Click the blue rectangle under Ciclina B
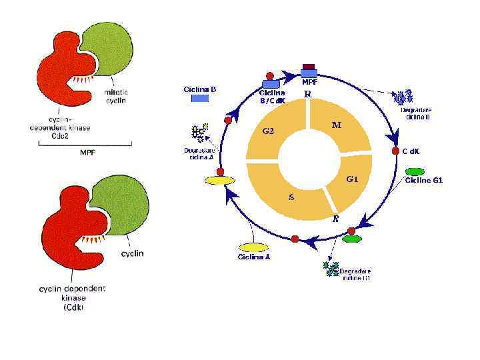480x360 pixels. click(x=201, y=99)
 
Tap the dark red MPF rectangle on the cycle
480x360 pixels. click(x=309, y=67)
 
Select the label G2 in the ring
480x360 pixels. click(x=268, y=131)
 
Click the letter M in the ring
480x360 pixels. click(x=337, y=125)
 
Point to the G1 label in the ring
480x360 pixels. click(x=352, y=179)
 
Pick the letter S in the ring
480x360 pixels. click(x=291, y=197)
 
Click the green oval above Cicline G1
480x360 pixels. click(x=415, y=172)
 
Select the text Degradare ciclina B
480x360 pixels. click(x=415, y=113)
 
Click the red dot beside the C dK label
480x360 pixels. click(x=396, y=151)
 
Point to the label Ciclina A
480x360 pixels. click(x=253, y=257)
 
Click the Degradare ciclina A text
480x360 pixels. click(x=199, y=153)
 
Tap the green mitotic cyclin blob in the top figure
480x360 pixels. click(x=109, y=48)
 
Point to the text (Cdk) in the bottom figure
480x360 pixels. click(x=73, y=308)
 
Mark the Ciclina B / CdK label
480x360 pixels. click(x=272, y=97)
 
